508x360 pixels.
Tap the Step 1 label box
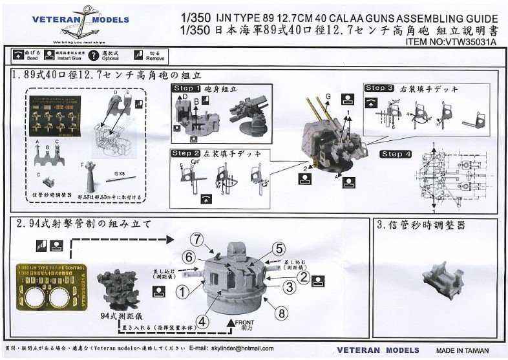tap(185, 87)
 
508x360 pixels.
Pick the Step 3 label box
tap(379, 88)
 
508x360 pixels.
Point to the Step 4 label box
tap(396, 154)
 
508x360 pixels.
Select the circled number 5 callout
tap(278, 249)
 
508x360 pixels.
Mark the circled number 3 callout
tap(290, 286)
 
